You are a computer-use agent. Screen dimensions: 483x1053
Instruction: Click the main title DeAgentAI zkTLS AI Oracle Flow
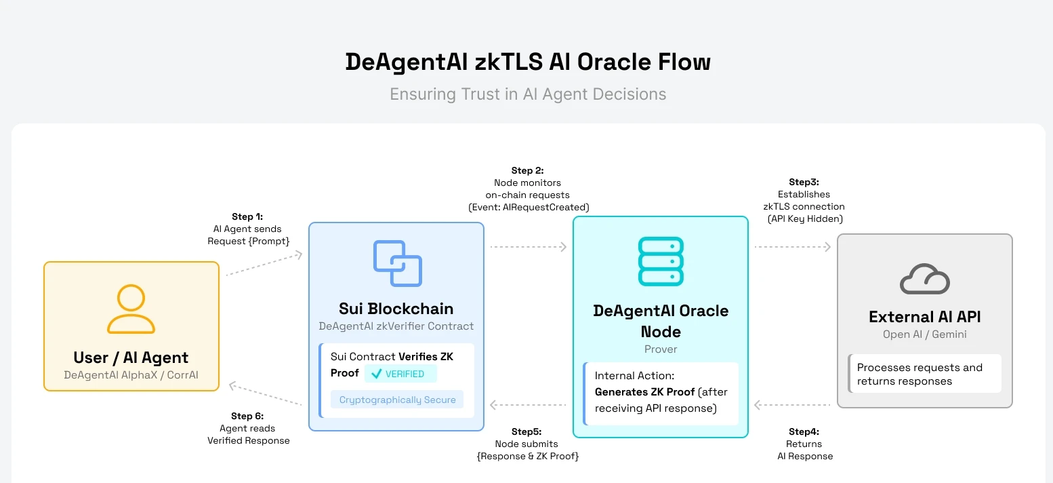(528, 62)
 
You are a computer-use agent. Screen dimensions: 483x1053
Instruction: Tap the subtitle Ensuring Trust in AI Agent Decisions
(528, 94)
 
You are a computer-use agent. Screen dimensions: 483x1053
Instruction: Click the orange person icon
(131, 309)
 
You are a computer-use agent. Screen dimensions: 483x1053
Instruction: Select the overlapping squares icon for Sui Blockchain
(397, 263)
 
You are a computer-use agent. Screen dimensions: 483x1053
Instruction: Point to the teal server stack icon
(661, 261)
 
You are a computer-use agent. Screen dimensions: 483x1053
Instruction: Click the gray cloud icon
(924, 279)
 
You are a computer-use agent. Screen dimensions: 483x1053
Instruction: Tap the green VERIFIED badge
(400, 374)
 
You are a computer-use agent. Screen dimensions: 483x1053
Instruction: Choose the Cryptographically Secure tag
(397, 400)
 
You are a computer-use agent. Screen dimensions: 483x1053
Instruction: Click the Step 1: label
(247, 216)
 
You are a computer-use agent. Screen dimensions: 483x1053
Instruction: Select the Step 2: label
(528, 170)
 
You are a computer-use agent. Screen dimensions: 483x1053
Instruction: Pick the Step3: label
(804, 182)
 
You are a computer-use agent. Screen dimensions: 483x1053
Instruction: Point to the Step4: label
(804, 431)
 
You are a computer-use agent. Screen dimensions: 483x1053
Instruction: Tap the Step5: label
(526, 431)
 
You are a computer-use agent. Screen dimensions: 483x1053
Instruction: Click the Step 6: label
(247, 416)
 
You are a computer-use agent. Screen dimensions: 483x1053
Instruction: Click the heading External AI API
(924, 317)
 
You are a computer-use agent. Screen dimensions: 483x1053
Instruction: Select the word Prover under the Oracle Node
(661, 349)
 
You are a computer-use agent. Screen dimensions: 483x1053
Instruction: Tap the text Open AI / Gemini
(924, 334)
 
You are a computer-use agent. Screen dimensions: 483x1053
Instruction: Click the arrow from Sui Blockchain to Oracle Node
(528, 247)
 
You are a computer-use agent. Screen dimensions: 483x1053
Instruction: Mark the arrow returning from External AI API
(792, 405)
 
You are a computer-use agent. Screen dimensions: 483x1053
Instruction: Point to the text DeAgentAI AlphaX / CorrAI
(131, 375)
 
